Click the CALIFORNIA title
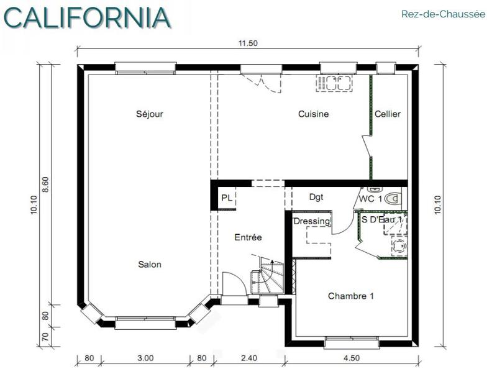[x=87, y=17]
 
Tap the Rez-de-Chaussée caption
[x=443, y=14]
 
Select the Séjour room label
[x=150, y=114]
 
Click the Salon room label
[x=150, y=264]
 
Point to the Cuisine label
[x=313, y=114]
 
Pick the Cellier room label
[x=388, y=114]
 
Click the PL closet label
[x=227, y=198]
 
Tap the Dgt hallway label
[x=317, y=197]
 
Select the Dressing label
[x=311, y=221]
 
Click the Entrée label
[x=248, y=237]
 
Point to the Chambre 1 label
[x=350, y=296]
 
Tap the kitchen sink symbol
[x=334, y=83]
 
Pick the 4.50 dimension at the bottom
[x=351, y=358]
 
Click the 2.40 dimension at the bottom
[x=248, y=358]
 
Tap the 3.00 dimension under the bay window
[x=145, y=358]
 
